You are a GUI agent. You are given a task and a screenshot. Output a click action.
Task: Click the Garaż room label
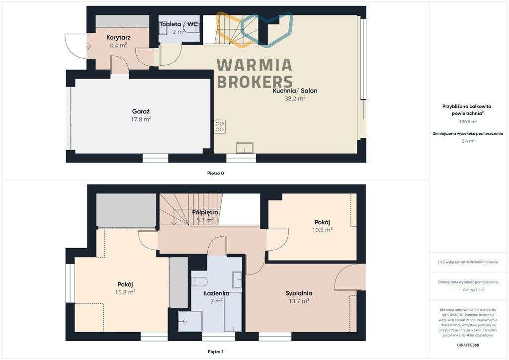pyautogui.click(x=141, y=112)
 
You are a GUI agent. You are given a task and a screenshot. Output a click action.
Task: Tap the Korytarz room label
pyautogui.click(x=118, y=37)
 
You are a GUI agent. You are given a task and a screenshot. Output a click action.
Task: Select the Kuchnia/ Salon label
pyautogui.click(x=295, y=90)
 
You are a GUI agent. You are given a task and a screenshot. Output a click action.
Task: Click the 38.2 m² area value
pyautogui.click(x=295, y=98)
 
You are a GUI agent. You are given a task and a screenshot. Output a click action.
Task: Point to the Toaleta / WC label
pyautogui.click(x=178, y=24)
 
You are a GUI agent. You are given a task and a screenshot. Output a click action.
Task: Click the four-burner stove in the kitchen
pyautogui.click(x=220, y=126)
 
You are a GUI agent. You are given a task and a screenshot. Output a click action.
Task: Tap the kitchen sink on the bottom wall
pyautogui.click(x=245, y=149)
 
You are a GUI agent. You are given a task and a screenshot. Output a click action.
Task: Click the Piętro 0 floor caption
pyautogui.click(x=215, y=173)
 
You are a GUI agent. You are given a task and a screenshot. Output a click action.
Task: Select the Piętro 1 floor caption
pyautogui.click(x=215, y=352)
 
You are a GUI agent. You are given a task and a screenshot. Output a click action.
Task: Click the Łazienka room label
pyautogui.click(x=216, y=293)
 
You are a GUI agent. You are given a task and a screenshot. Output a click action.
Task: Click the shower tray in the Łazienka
pyautogui.click(x=190, y=321)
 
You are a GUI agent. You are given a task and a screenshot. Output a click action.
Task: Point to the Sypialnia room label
pyautogui.click(x=299, y=293)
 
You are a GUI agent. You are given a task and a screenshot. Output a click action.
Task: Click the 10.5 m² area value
pyautogui.click(x=322, y=230)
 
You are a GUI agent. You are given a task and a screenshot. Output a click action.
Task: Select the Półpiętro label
pyautogui.click(x=205, y=212)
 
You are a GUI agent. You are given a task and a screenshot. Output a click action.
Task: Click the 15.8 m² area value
pyautogui.click(x=125, y=292)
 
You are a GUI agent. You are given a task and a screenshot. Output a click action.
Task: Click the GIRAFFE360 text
pyautogui.click(x=468, y=345)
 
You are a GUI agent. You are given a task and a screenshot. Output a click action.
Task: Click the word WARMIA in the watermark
pyautogui.click(x=254, y=65)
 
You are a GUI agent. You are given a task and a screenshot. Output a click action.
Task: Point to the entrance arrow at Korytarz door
pyautogui.click(x=88, y=46)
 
